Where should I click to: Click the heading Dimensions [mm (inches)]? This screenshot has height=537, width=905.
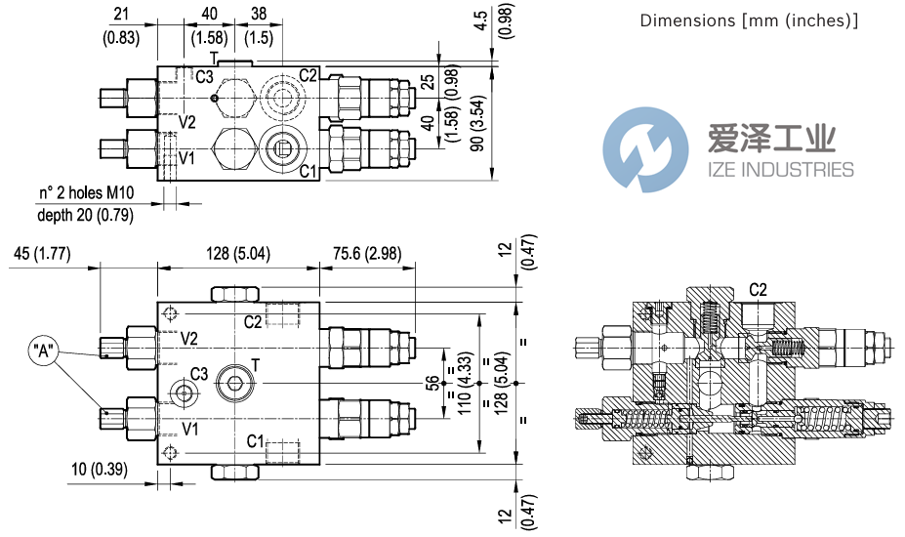tap(749, 21)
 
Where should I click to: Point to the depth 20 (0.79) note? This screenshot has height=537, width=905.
tap(85, 214)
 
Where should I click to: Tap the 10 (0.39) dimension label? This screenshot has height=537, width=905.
tap(101, 470)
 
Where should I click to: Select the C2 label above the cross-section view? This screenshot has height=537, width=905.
tap(758, 290)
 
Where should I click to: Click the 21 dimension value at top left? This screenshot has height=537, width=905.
tap(121, 13)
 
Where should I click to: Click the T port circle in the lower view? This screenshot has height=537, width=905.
tap(236, 380)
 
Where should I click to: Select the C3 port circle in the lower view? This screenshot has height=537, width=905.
tap(183, 392)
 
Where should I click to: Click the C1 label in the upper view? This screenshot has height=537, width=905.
tap(308, 172)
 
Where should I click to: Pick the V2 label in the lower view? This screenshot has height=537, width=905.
tap(189, 339)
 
